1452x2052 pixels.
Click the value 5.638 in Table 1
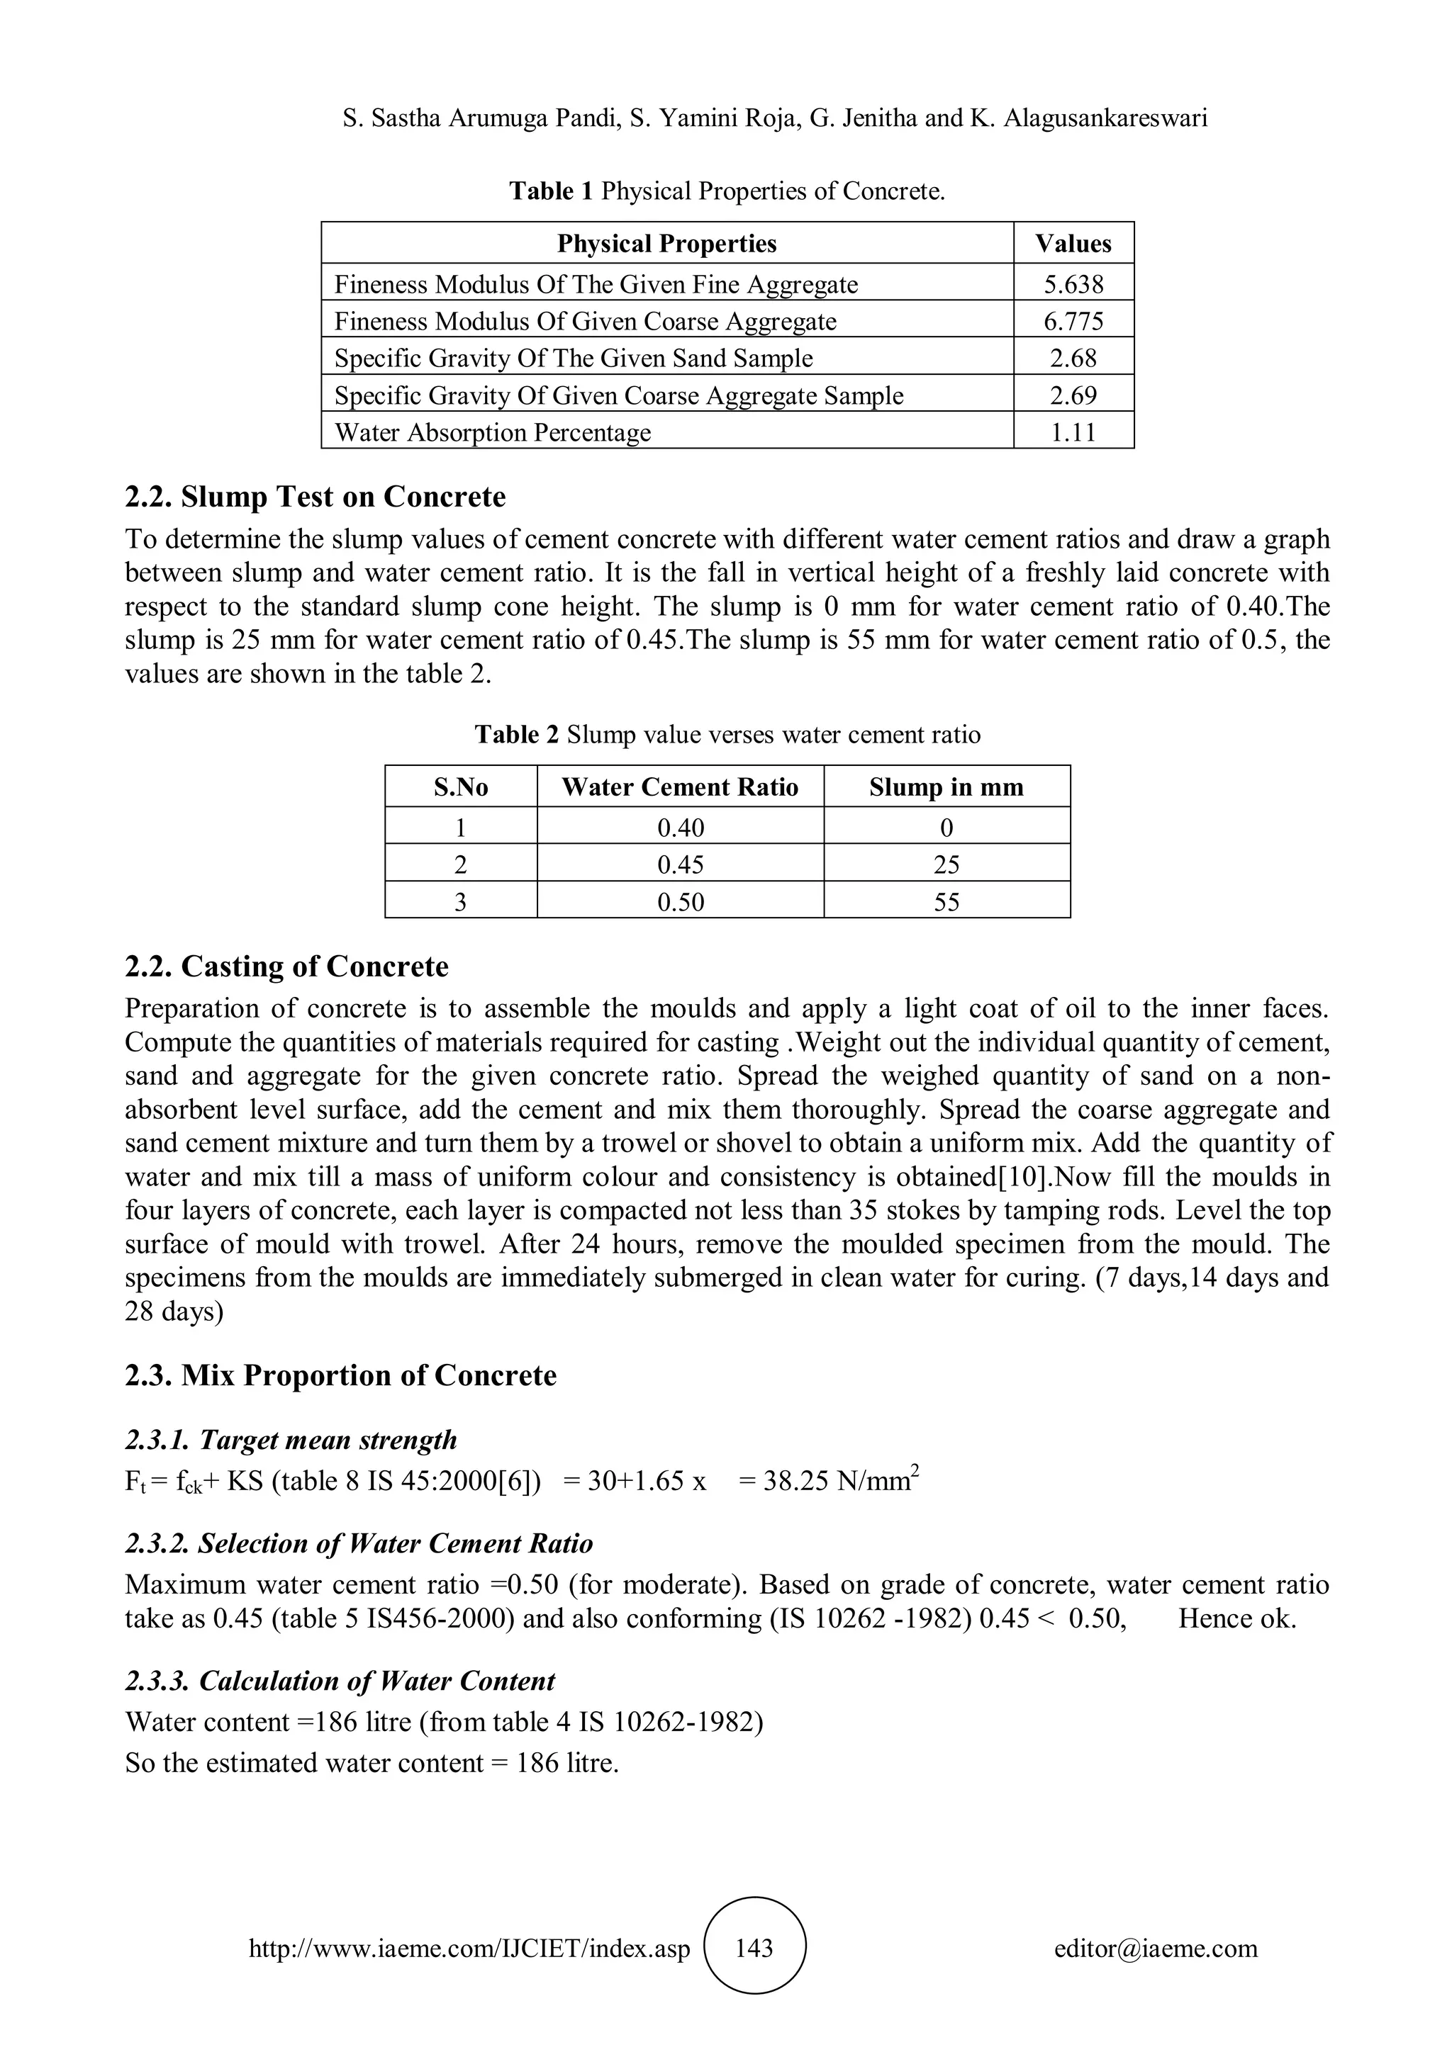(1073, 284)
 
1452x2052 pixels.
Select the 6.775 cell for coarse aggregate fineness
(1073, 321)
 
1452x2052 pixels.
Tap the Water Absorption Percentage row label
(493, 432)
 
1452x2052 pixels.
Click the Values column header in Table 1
(1073, 243)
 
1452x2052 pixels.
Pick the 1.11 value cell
(1073, 432)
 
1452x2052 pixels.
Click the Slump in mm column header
(946, 787)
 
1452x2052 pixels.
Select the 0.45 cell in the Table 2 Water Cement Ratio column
(681, 864)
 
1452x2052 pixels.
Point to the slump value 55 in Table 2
(946, 902)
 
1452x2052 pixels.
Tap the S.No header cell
(460, 787)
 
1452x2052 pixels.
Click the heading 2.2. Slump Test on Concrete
(315, 496)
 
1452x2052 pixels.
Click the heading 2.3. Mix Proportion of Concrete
(340, 1375)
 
